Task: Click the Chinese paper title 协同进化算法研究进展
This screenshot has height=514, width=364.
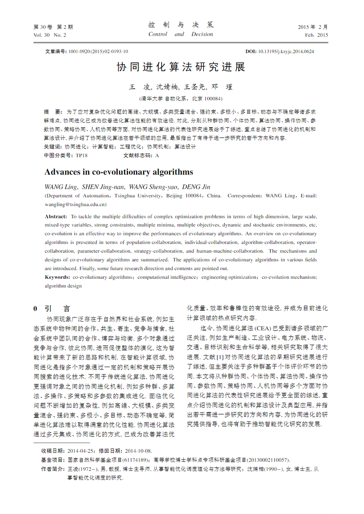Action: tap(181, 67)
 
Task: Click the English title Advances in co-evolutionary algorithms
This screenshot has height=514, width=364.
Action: tap(119, 172)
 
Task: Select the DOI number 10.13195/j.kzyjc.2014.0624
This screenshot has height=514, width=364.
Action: tap(286, 51)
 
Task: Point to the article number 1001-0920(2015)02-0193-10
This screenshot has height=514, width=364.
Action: tap(98, 51)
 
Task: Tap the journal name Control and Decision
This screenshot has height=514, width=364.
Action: tap(180, 34)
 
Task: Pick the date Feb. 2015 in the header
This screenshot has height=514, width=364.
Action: tap(316, 35)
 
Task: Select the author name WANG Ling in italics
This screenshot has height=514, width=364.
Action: tap(61, 187)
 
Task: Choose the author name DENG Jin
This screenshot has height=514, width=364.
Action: tap(196, 187)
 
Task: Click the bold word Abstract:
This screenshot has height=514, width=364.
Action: tap(56, 216)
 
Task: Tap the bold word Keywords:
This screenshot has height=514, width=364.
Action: tap(57, 277)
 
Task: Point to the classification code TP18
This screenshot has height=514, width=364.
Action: tap(81, 156)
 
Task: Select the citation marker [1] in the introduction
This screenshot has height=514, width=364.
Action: tap(220, 357)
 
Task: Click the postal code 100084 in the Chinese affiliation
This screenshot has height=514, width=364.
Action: tap(213, 99)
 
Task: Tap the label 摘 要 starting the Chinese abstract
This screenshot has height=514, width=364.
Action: tap(52, 112)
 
